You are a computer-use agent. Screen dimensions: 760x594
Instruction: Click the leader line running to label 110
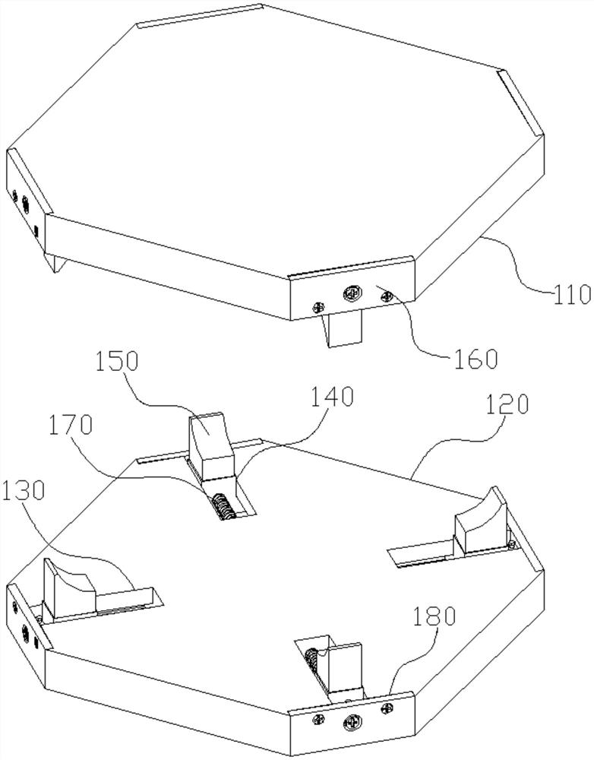coord(509,258)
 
